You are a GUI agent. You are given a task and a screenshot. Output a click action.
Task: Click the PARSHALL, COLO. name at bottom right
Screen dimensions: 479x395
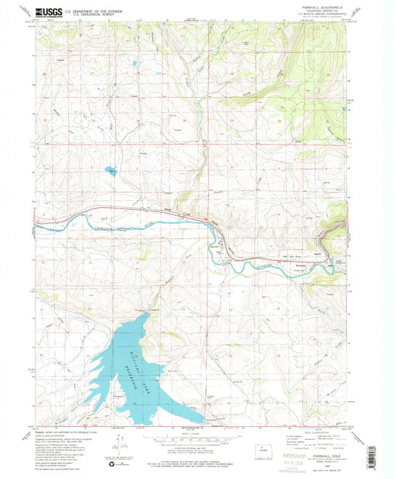click(x=328, y=437)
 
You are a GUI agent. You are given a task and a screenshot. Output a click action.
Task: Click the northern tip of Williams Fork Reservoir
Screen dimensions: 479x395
click(x=147, y=314)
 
